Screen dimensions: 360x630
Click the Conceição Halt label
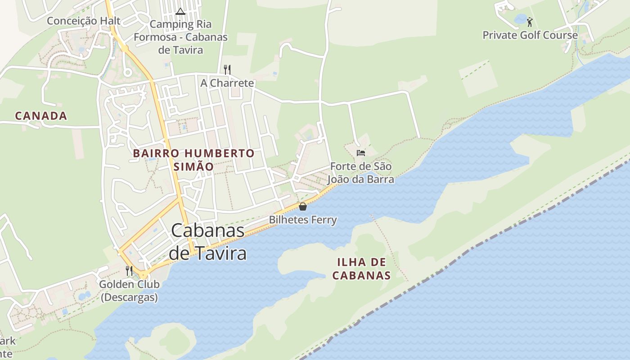click(x=84, y=21)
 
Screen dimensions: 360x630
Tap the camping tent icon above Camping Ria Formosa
click(x=180, y=11)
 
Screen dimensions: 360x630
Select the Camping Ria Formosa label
click(x=180, y=37)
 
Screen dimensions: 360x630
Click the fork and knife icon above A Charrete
click(x=227, y=69)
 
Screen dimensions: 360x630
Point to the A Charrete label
click(x=227, y=83)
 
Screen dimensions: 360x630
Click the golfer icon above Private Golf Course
click(x=530, y=22)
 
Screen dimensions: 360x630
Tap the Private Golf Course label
click(x=530, y=35)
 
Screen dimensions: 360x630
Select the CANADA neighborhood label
click(x=41, y=116)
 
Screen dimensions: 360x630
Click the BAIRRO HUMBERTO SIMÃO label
click(x=193, y=159)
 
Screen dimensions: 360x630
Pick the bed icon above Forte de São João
click(x=360, y=153)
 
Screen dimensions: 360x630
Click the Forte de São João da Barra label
click(x=360, y=173)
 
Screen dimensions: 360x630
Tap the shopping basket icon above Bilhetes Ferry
click(x=303, y=207)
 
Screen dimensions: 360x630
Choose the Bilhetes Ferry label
click(x=303, y=220)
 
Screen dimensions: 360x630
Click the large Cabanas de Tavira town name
click(x=208, y=242)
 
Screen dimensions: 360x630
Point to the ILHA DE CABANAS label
click(x=361, y=269)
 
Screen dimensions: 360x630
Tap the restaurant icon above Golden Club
click(x=129, y=270)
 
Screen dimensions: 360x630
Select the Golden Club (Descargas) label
click(x=129, y=291)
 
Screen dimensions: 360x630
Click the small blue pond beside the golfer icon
click(x=520, y=19)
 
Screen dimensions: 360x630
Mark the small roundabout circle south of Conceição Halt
click(x=127, y=72)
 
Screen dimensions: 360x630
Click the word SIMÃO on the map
click(x=193, y=166)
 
